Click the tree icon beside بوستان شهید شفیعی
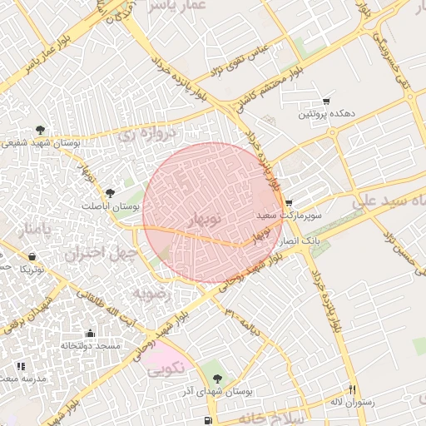pyautogui.click(x=40, y=130)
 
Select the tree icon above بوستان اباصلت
pyautogui.click(x=110, y=193)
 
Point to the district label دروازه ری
pyautogui.click(x=149, y=133)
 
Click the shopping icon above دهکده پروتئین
pyautogui.click(x=325, y=101)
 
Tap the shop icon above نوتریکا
pyautogui.click(x=32, y=256)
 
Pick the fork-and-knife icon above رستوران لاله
pyautogui.click(x=353, y=389)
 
